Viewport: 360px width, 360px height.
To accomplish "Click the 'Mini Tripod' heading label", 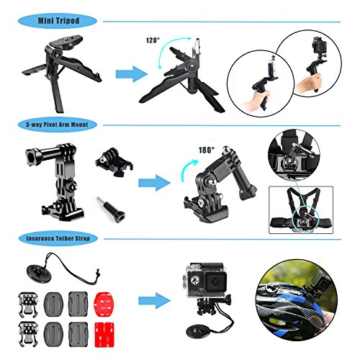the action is pyautogui.click(x=58, y=21).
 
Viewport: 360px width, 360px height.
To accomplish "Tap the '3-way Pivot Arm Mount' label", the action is pyautogui.click(x=57, y=125).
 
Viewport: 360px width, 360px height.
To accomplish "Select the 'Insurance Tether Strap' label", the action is pyautogui.click(x=58, y=238).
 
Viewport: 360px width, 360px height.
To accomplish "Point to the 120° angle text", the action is pyautogui.click(x=153, y=40).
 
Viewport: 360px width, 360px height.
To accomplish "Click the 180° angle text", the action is pyautogui.click(x=207, y=150).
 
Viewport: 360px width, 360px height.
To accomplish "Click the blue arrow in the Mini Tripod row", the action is pyautogui.click(x=132, y=74).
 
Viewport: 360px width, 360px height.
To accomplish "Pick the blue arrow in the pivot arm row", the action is pyautogui.click(x=154, y=183).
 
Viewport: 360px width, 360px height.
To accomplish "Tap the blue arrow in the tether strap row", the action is pyautogui.click(x=154, y=300).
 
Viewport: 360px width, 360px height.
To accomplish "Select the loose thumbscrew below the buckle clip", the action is pyautogui.click(x=111, y=208).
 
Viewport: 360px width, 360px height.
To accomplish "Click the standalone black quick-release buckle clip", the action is pyautogui.click(x=114, y=163).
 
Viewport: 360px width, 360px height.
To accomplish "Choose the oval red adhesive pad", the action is pyautogui.click(x=104, y=304).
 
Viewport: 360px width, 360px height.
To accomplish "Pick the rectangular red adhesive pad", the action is pyautogui.click(x=104, y=335).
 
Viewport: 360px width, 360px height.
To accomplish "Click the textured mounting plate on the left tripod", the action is pyautogui.click(x=66, y=42).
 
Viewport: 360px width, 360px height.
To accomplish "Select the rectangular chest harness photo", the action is pyautogui.click(x=301, y=210).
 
